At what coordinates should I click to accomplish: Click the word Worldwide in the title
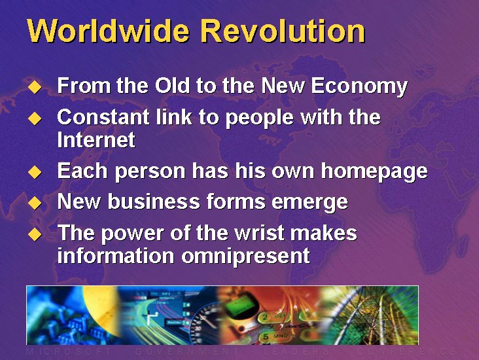(108, 31)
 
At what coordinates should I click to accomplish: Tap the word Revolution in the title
(283, 31)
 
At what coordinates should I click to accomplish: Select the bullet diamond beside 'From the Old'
(35, 86)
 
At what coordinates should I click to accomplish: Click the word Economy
(359, 86)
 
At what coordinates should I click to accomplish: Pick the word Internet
(96, 139)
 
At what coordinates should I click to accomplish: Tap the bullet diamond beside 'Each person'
(35, 171)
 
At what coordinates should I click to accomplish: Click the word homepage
(374, 171)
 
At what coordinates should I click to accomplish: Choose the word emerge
(310, 203)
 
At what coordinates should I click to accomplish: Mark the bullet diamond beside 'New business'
(35, 202)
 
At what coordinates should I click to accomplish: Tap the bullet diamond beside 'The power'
(35, 234)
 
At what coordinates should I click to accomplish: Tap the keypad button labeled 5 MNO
(274, 337)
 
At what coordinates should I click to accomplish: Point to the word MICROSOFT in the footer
(69, 351)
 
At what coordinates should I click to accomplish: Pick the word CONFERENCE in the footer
(406, 351)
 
